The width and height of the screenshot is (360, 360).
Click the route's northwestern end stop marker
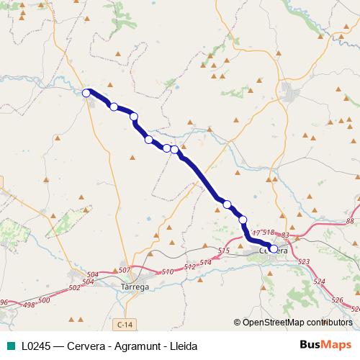(86, 92)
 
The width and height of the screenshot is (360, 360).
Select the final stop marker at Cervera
(273, 249)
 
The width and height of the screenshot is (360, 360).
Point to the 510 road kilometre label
(168, 271)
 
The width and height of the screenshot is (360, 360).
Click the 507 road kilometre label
(124, 270)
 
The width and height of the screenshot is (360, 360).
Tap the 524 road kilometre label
(320, 282)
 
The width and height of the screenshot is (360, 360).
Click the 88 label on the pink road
(350, 222)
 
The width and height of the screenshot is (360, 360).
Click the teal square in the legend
(9, 346)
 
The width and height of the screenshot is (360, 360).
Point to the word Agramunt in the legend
(134, 346)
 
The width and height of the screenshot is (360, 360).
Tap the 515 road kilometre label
(223, 250)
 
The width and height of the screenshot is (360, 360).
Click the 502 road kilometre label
(74, 287)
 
